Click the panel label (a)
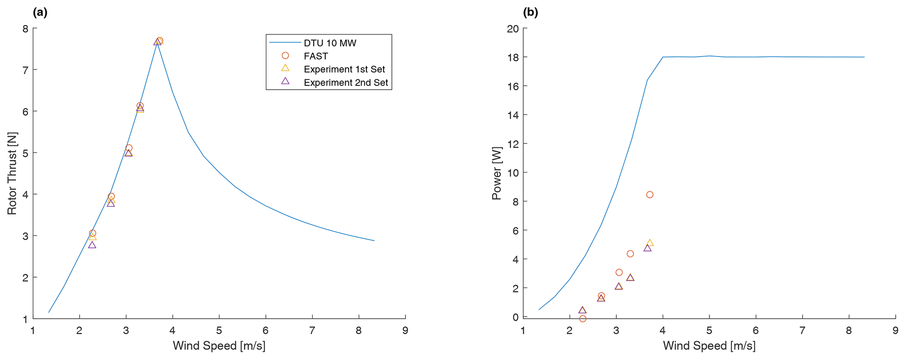click(40, 13)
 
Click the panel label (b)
click(530, 13)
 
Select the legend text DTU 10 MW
click(330, 43)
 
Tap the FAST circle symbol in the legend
click(285, 56)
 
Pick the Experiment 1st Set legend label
click(344, 69)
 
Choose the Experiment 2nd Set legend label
click(346, 83)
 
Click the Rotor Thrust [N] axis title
click(12, 173)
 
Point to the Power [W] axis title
click(496, 173)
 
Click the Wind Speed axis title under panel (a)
click(219, 346)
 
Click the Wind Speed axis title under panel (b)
click(709, 346)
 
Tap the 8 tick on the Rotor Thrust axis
click(25, 29)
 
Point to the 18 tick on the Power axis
click(513, 57)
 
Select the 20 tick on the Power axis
click(513, 29)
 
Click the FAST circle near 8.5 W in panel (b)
click(650, 195)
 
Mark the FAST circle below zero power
click(583, 319)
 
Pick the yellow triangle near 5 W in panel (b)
click(650, 243)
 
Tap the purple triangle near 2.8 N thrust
click(92, 245)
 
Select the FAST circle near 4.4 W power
click(630, 254)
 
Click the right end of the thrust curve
click(374, 240)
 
